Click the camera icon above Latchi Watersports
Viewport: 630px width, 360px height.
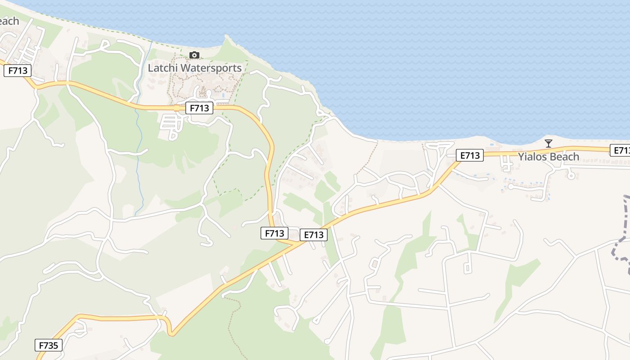194,55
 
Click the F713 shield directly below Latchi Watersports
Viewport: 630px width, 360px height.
199,108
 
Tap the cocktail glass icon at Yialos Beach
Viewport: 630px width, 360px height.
548,144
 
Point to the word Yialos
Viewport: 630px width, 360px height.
532,157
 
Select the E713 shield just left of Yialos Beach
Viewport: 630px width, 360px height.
470,156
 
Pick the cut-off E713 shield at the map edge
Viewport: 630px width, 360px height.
621,150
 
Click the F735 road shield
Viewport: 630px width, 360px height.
49,346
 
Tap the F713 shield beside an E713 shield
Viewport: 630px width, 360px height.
274,233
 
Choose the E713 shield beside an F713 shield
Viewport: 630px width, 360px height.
314,235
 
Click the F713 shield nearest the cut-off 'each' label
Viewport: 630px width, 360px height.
18,71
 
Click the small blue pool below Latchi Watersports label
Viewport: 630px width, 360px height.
224,96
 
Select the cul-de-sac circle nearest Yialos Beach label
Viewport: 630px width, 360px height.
571,175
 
